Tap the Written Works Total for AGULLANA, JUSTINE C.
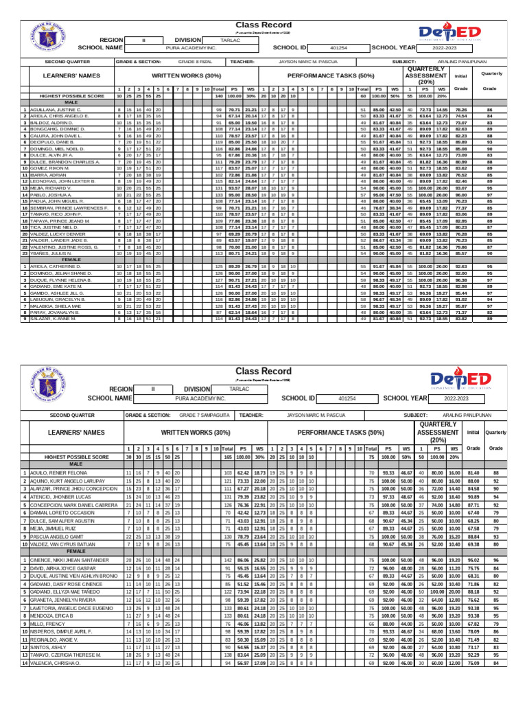tap(219, 110)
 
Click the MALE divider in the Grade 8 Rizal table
tap(71, 103)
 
